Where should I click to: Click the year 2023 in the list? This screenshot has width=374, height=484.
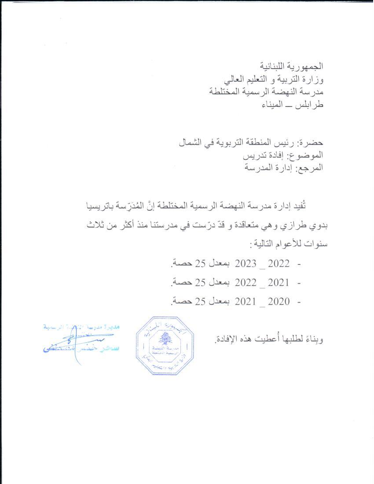pos(245,264)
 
